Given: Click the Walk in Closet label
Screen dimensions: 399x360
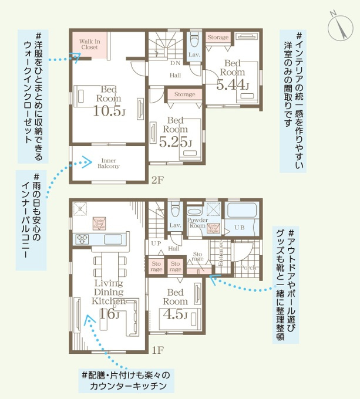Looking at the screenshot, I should (90, 45).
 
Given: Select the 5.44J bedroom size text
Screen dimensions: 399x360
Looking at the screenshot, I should (232, 85).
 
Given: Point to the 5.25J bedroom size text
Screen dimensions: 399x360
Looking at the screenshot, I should (175, 141).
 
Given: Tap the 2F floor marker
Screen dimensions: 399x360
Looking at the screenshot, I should (157, 180).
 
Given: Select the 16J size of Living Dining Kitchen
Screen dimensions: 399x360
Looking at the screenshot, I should (109, 314).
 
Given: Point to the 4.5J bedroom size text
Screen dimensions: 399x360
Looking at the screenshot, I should (176, 316).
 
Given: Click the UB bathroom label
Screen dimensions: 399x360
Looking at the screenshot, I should (240, 227).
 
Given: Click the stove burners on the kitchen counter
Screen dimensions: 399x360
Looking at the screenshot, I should (82, 239).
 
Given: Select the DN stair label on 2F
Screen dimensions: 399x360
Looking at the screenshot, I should (175, 63).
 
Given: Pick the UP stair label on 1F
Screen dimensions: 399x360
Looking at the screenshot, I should (156, 243).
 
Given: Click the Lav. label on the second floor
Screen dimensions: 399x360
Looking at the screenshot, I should (194, 55).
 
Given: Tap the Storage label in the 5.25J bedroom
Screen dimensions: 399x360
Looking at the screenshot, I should (184, 94).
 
